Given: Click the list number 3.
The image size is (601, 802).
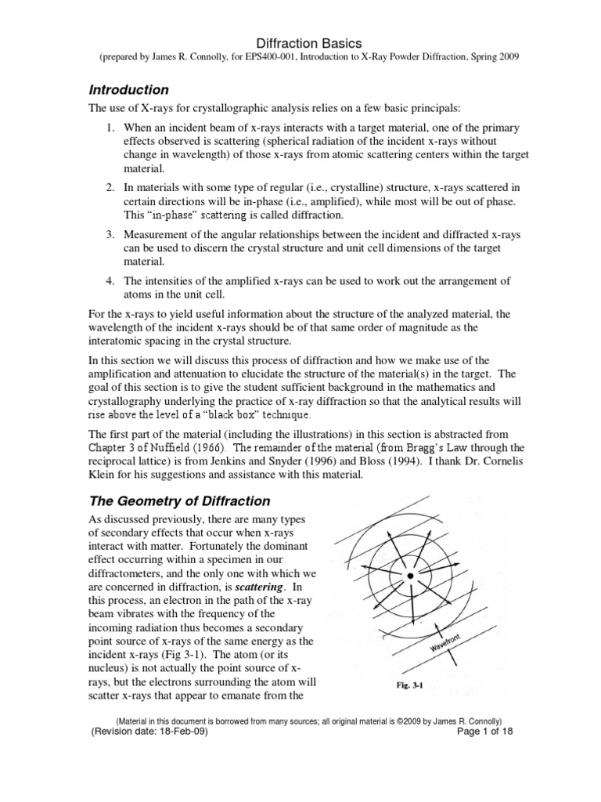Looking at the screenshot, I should tap(110, 235).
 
